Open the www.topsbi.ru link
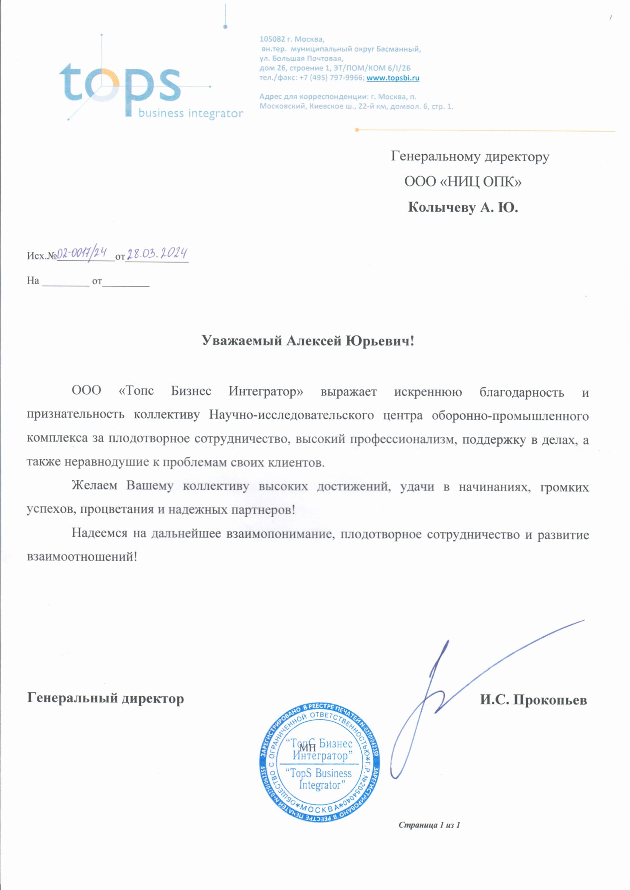point(393,78)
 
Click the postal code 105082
point(272,39)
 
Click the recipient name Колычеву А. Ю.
point(463,208)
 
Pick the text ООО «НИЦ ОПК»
point(463,182)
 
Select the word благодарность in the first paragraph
point(521,392)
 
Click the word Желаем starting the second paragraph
point(94,486)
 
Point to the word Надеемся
point(100,533)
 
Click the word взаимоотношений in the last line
point(82,557)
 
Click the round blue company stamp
point(319,763)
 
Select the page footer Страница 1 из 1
point(429,825)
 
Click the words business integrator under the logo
point(190,114)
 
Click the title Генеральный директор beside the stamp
point(105,698)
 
